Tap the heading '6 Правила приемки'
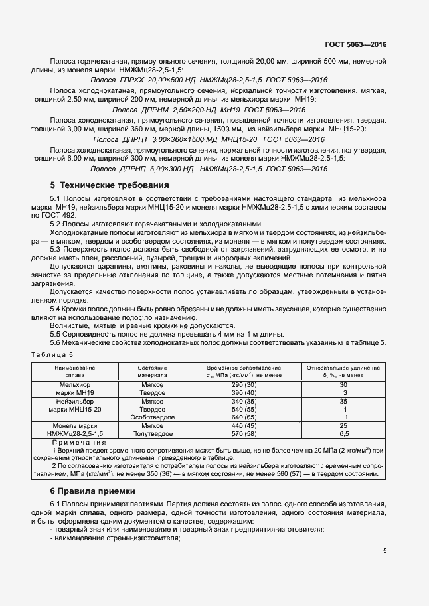(92, 491)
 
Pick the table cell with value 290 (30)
(244, 385)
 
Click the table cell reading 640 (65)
(244, 417)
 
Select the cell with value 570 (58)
(244, 433)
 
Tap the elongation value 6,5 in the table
(343, 433)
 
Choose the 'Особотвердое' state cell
(152, 417)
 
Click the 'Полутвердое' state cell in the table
(152, 433)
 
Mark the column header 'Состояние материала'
(152, 370)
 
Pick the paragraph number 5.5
(56, 334)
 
